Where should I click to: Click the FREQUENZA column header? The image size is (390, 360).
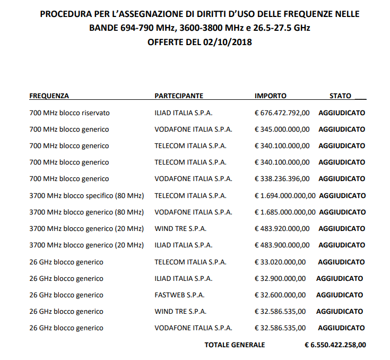(49, 96)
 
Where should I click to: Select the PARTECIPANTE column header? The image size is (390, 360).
(179, 96)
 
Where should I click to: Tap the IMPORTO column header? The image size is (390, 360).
(271, 96)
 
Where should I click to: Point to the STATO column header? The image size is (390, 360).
(341, 96)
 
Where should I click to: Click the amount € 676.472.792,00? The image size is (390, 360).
(282, 113)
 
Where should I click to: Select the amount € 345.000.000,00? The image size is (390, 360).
(282, 130)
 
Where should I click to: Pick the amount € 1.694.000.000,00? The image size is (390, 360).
(285, 196)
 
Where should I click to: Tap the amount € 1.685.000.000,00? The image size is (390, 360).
(285, 212)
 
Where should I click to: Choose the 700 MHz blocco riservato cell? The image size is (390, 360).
(70, 113)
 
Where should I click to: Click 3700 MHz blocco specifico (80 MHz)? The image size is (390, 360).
(86, 196)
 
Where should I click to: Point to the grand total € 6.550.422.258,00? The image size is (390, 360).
(335, 345)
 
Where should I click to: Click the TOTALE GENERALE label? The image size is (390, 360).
(235, 345)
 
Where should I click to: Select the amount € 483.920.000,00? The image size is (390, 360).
(282, 229)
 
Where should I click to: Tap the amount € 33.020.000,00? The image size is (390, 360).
(280, 262)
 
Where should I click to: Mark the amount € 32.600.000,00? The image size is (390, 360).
(280, 295)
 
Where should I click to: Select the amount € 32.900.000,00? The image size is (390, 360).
(280, 279)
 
